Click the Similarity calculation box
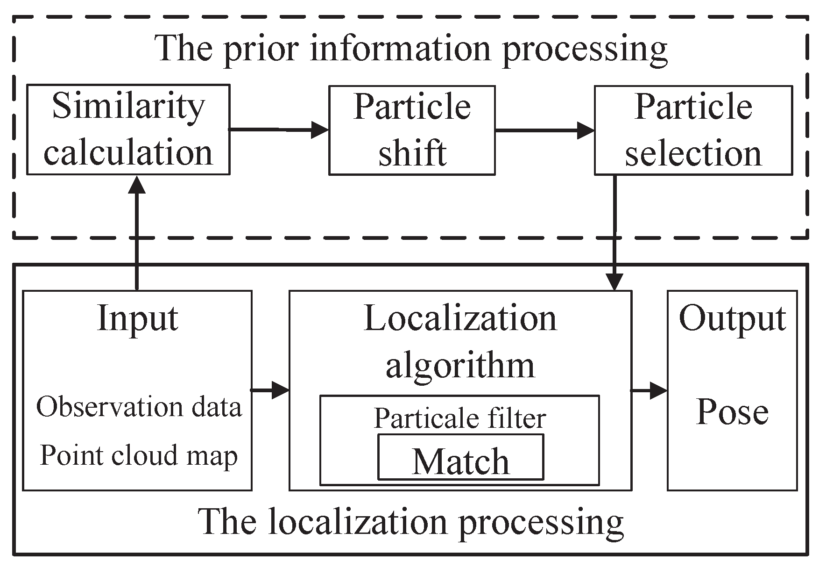128,130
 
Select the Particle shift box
412,130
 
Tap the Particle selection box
693,130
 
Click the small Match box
460,457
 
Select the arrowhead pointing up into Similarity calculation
137,184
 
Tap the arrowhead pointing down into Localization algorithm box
614,282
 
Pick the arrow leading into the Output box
650,389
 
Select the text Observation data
139,407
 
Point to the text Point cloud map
139,455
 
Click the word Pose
732,412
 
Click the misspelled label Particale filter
459,418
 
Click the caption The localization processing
411,522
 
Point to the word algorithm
460,365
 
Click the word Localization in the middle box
460,319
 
